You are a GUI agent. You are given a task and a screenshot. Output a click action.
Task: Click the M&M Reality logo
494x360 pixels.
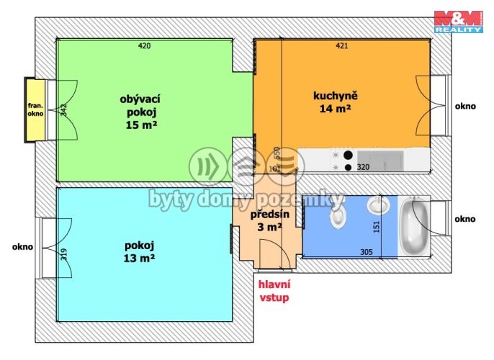pyautogui.click(x=459, y=22)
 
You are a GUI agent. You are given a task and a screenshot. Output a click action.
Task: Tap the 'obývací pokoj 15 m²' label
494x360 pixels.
pyautogui.click(x=140, y=112)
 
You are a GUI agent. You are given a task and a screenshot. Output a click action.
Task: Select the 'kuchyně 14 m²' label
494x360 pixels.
pyautogui.click(x=336, y=102)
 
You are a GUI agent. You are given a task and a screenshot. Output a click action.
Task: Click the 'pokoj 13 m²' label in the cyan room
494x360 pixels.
pyautogui.click(x=139, y=252)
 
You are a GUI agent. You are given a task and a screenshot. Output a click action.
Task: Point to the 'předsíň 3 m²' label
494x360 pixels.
pyautogui.click(x=269, y=220)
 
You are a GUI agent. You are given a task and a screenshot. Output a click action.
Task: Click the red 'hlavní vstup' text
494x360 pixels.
pyautogui.click(x=274, y=291)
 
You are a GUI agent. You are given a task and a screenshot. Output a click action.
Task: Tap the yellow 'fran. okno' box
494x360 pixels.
pyautogui.click(x=35, y=110)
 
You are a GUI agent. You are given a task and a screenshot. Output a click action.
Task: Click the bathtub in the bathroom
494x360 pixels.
pyautogui.click(x=414, y=226)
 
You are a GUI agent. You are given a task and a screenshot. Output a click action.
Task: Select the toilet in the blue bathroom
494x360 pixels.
pyautogui.click(x=338, y=215)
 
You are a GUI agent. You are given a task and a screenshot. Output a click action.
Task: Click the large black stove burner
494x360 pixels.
pyautogui.click(x=348, y=155)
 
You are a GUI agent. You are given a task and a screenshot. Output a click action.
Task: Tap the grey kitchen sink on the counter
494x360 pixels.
pyautogui.click(x=380, y=161)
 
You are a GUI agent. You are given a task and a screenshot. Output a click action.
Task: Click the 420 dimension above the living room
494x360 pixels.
pyautogui.click(x=144, y=46)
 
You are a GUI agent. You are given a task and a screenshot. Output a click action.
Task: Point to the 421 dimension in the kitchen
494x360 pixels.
pyautogui.click(x=342, y=46)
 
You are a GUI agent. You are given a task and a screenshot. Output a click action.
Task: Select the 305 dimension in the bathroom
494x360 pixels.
pyautogui.click(x=367, y=252)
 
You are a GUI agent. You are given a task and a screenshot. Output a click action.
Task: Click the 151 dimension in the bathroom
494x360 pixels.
pyautogui.click(x=377, y=227)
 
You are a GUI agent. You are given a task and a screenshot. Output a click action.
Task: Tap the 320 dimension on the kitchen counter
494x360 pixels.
pyautogui.click(x=363, y=167)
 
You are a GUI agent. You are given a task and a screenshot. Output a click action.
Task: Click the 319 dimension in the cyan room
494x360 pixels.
pyautogui.click(x=64, y=254)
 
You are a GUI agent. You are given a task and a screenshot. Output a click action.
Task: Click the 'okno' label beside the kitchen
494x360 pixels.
pyautogui.click(x=465, y=107)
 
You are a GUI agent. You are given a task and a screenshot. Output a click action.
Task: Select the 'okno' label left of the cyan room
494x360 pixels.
pyautogui.click(x=23, y=247)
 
